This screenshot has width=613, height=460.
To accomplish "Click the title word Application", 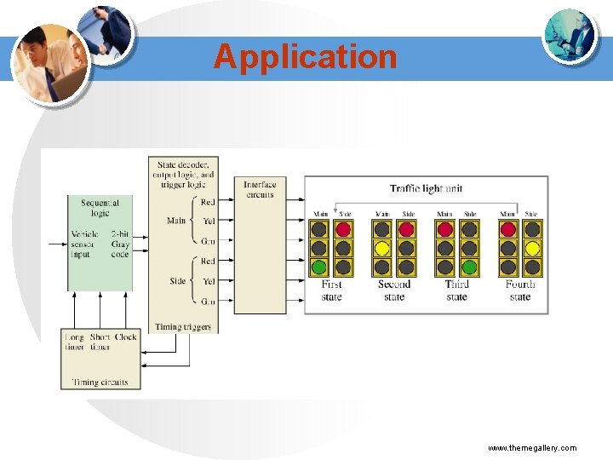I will click(306, 56).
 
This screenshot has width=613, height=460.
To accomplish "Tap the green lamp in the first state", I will click(319, 267).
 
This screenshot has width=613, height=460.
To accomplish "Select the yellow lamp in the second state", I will click(382, 248).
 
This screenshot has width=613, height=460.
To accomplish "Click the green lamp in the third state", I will click(468, 267).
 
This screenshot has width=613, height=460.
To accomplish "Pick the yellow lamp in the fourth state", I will click(531, 248).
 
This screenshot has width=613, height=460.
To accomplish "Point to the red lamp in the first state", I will click(343, 229).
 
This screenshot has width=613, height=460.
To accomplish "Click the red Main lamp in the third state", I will click(444, 229).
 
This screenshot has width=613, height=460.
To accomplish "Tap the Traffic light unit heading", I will click(426, 188).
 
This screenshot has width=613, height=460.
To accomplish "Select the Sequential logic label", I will click(100, 208).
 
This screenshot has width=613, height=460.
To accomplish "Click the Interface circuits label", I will click(260, 189).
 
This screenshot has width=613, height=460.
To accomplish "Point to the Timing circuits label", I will click(100, 382).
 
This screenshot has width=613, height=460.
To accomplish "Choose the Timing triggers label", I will click(183, 326).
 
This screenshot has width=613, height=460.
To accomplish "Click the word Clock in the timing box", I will click(126, 337).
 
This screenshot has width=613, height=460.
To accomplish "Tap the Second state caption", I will click(394, 290).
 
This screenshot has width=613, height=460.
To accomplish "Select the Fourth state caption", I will click(520, 290).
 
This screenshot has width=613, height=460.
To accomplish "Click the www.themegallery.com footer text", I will click(532, 447).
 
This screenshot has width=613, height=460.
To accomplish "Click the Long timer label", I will click(75, 342).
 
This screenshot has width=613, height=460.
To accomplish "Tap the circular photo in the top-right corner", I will click(570, 37).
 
